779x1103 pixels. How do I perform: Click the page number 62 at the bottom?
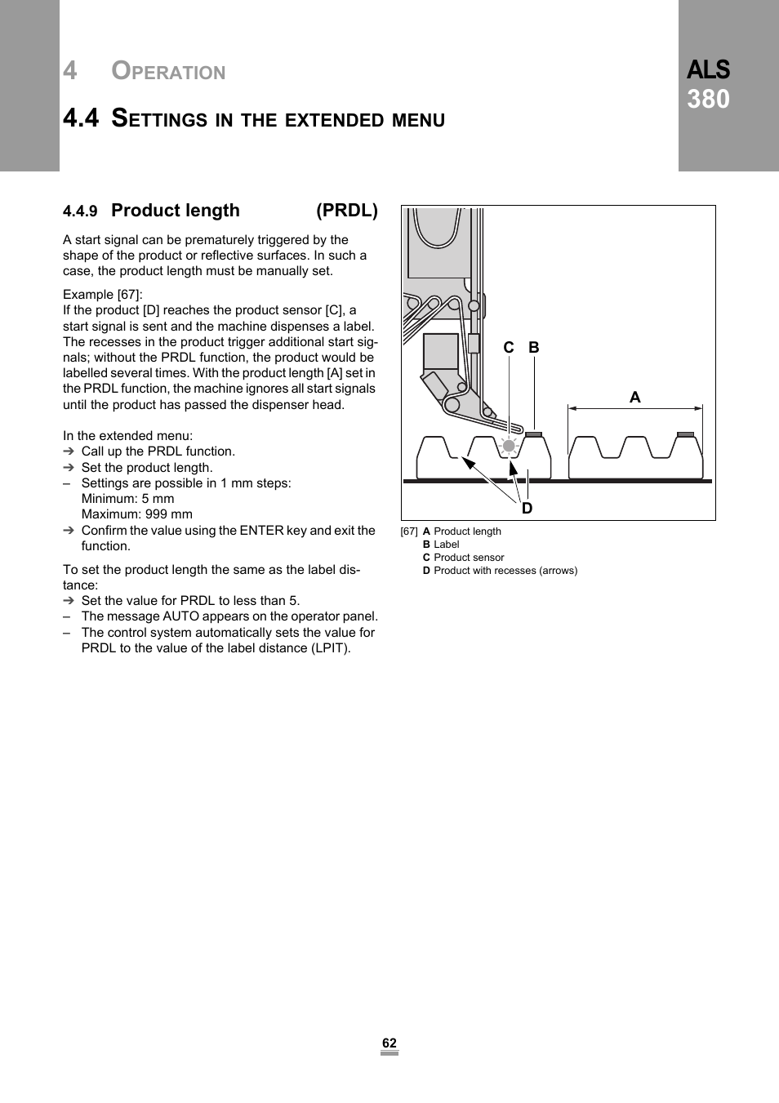coord(389,1043)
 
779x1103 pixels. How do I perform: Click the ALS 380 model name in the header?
coord(708,84)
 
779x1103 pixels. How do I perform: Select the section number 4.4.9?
coord(80,211)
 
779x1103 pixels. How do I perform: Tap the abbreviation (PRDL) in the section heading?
coord(347,211)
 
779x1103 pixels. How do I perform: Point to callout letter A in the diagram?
coord(634,398)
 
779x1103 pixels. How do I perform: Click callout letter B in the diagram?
coord(534,348)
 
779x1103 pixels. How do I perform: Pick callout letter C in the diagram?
coord(509,348)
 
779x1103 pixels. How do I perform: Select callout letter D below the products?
coord(527,508)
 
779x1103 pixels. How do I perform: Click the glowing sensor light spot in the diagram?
coord(509,446)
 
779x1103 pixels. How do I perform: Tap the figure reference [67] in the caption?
coord(409,531)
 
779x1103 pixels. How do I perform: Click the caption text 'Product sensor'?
coord(469,558)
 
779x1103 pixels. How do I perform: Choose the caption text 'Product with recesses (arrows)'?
coord(505,571)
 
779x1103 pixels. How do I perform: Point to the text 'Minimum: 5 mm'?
coord(127,499)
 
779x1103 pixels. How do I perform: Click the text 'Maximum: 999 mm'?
coord(136,514)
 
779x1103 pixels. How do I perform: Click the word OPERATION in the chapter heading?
coord(168,72)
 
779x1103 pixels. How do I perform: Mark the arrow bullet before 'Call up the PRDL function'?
coord(69,451)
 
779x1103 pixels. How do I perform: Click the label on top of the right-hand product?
coord(686,434)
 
